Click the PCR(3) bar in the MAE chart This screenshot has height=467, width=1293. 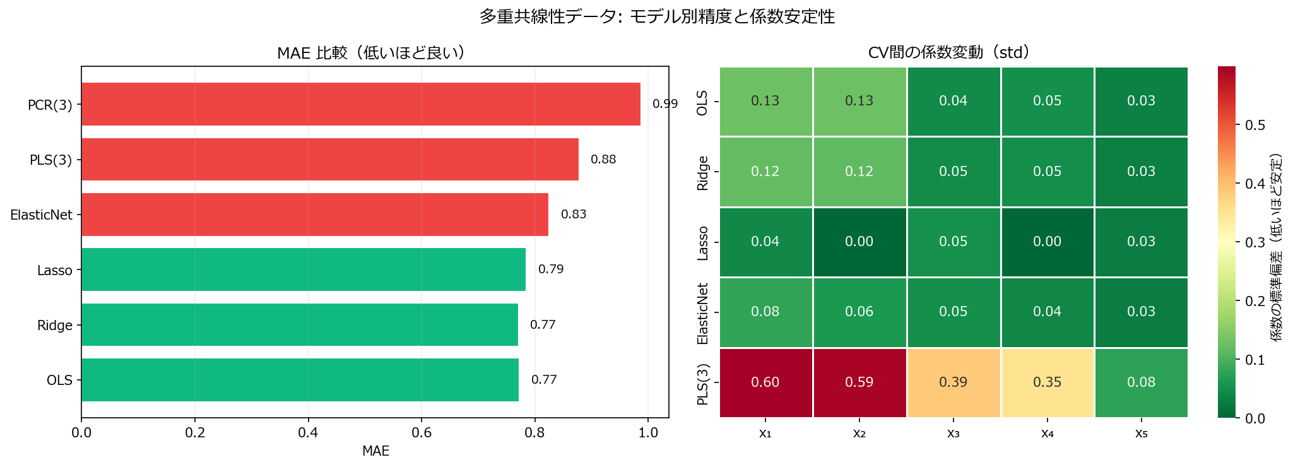(360, 104)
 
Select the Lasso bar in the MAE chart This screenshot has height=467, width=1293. (303, 269)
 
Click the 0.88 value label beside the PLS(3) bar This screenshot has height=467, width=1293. (603, 160)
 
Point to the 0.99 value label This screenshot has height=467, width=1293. (664, 104)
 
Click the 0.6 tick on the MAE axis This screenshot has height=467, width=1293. (422, 433)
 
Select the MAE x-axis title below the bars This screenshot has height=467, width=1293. (375, 451)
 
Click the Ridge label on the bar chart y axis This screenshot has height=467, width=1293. (55, 326)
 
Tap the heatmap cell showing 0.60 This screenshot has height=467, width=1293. (765, 382)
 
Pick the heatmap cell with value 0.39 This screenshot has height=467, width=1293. (953, 382)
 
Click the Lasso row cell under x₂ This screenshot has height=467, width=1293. (859, 242)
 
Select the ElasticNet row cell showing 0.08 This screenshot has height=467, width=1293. (765, 312)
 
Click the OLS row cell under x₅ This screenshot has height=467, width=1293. (1141, 101)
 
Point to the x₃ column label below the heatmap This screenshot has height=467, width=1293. (953, 434)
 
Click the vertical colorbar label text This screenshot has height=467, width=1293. (1277, 246)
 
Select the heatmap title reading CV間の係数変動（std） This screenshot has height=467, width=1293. (953, 52)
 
